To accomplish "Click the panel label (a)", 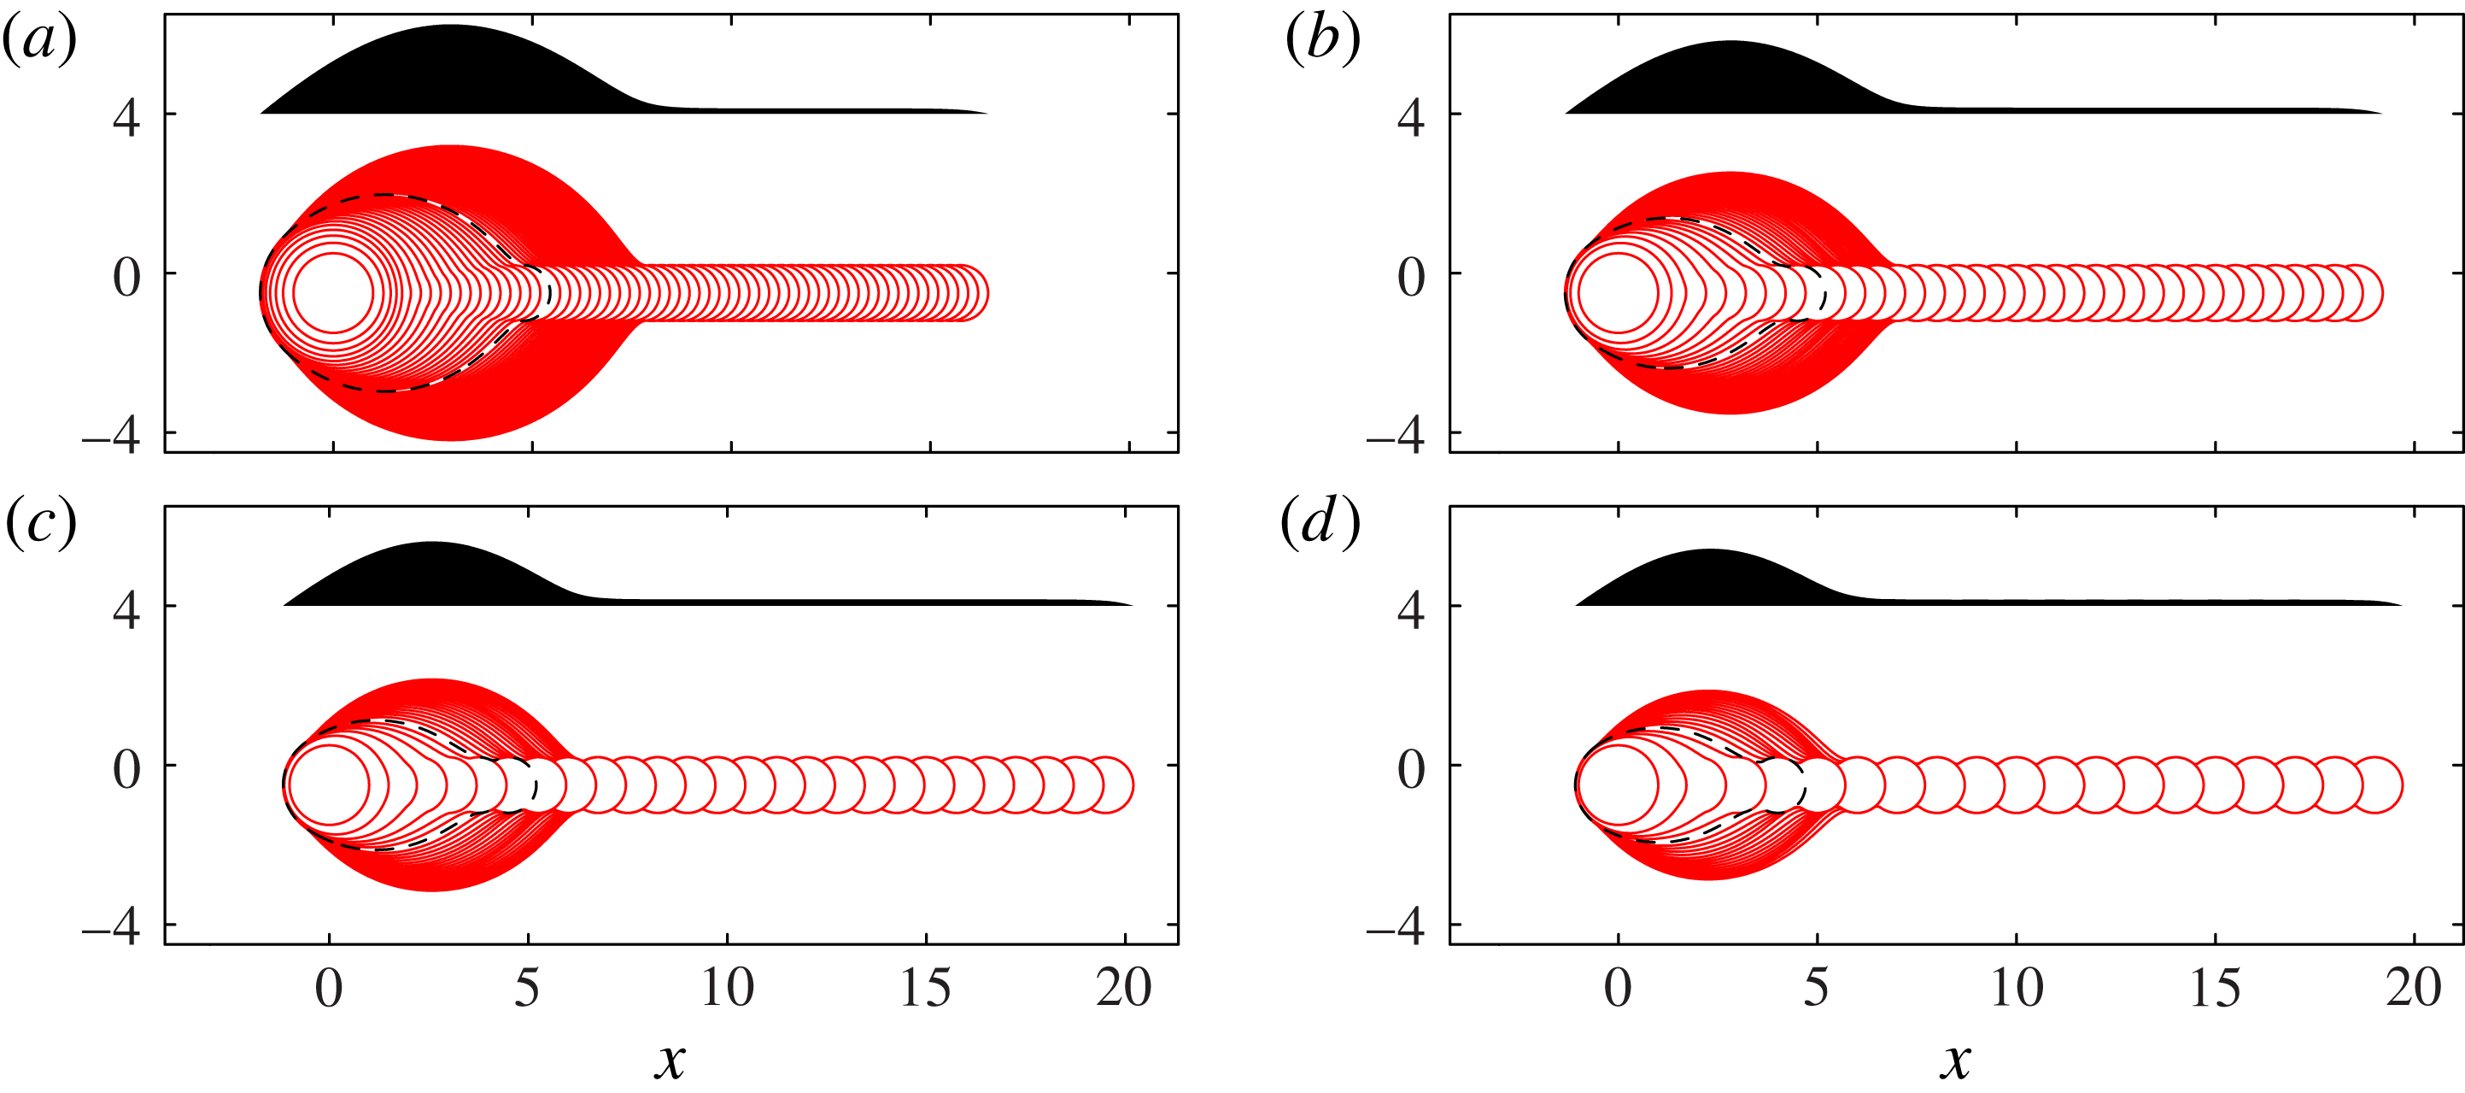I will pyautogui.click(x=40, y=43).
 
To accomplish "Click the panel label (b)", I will pyautogui.click(x=1322, y=43).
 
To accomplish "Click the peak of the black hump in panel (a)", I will pyautogui.click(x=450, y=26).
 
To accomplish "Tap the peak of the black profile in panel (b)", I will pyautogui.click(x=1730, y=42).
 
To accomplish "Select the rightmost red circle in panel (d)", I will pyautogui.click(x=2374, y=784).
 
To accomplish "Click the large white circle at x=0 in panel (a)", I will pyautogui.click(x=332, y=293).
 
